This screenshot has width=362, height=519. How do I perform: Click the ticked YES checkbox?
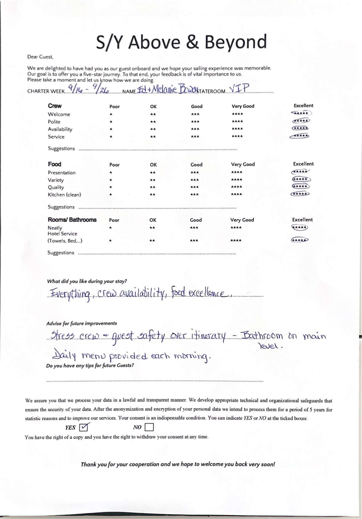(84, 427)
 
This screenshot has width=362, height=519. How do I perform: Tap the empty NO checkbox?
(149, 427)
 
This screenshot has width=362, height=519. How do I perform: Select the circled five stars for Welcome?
(301, 113)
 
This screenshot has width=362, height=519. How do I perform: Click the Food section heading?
(54, 164)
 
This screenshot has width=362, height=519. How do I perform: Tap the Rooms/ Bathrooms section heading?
(72, 220)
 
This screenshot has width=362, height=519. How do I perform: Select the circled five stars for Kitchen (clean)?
(300, 194)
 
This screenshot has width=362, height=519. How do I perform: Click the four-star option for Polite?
(237, 122)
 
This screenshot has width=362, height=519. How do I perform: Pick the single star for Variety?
(111, 180)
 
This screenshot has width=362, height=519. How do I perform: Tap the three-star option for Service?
(195, 136)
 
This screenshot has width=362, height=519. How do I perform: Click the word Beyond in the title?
(236, 42)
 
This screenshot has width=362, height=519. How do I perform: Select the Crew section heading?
(55, 106)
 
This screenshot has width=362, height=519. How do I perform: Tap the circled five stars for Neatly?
(300, 227)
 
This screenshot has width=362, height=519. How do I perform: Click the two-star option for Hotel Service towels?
(152, 241)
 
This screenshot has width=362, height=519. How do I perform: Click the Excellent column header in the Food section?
(303, 164)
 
